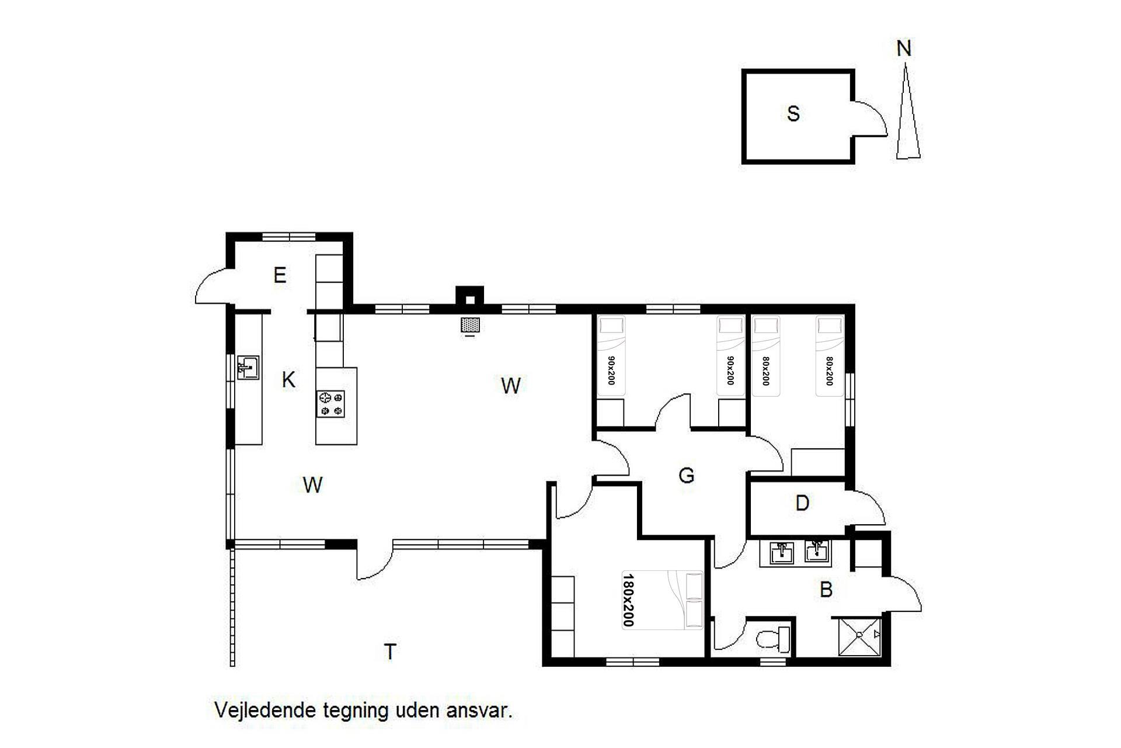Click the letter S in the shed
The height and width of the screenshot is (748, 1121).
point(793,113)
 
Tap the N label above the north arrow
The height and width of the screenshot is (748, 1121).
point(904,49)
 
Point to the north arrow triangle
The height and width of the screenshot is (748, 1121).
point(908,112)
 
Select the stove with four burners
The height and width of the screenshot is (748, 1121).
point(330,404)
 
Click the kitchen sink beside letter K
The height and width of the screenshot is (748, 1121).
point(248,368)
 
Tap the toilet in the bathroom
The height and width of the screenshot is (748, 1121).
point(773,639)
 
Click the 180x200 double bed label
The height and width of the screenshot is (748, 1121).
point(628,600)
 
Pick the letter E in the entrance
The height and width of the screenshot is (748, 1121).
point(280,275)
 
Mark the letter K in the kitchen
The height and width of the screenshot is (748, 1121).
point(288,380)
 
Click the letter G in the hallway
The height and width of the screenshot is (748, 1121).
point(687,475)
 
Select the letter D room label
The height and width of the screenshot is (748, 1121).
point(802,503)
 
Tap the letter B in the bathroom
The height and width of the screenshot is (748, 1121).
point(826,590)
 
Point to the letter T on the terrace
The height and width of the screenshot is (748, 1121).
point(390,651)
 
